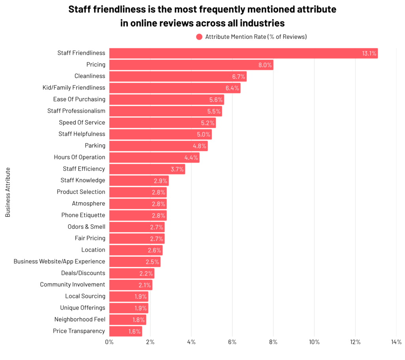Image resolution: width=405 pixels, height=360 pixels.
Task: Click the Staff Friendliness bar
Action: point(243,53)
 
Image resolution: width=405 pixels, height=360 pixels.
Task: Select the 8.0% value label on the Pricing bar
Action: point(265,65)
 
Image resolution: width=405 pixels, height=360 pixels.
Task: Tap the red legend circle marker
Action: point(199,37)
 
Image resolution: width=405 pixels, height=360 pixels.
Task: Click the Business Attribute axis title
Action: point(8,192)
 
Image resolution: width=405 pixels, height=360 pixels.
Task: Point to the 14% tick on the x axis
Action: point(396,342)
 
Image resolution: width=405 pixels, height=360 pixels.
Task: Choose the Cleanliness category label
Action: point(90,76)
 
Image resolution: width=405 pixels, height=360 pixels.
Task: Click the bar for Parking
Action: point(158,146)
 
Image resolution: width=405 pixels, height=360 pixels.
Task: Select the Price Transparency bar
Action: point(125,331)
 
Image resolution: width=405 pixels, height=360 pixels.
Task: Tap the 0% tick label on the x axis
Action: point(109,342)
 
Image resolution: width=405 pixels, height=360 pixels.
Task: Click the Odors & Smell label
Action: point(86,227)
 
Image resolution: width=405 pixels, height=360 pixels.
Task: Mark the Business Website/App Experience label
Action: point(59,261)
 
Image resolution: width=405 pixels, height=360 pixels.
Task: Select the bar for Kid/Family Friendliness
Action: point(174,88)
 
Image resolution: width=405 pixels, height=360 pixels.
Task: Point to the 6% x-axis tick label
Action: point(232,342)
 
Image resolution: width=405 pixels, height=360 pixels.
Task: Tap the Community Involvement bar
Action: point(131,285)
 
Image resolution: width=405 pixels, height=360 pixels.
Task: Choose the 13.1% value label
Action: point(369,53)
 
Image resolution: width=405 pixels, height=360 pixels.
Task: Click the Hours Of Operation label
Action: point(79,157)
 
